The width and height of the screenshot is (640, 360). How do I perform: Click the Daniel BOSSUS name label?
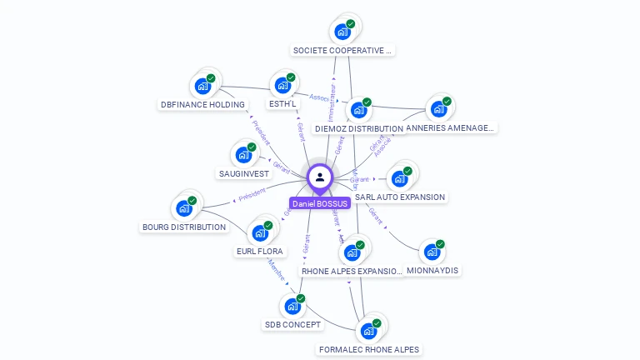[x=320, y=203]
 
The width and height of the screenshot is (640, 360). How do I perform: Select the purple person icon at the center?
[x=320, y=177]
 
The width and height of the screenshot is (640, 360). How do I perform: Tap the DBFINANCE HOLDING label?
[x=203, y=105]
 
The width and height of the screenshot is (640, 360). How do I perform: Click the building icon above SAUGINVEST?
[x=243, y=155]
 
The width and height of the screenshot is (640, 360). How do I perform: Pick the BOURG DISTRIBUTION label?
[x=184, y=227]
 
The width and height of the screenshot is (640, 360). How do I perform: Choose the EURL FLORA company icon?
[x=260, y=233]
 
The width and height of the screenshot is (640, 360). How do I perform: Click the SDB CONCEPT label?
[x=292, y=325]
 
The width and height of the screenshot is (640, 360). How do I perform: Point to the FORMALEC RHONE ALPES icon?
[x=368, y=331]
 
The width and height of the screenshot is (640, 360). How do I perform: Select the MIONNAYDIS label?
[x=432, y=271]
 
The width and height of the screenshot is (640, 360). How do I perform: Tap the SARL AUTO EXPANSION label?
[x=400, y=197]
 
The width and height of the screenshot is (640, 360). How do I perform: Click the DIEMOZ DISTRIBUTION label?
[x=359, y=129]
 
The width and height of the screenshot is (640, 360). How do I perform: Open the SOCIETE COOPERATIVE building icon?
[x=342, y=32]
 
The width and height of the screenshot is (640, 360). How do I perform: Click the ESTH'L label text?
[x=282, y=105]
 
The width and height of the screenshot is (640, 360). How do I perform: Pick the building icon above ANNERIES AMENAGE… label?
[x=438, y=109]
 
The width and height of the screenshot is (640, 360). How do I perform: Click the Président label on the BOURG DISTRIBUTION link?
[x=252, y=193]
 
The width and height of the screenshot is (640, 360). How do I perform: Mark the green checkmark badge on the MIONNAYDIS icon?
[x=440, y=244]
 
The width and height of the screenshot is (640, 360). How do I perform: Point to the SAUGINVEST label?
[x=243, y=174]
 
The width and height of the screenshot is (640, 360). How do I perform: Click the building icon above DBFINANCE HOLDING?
[x=202, y=86]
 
